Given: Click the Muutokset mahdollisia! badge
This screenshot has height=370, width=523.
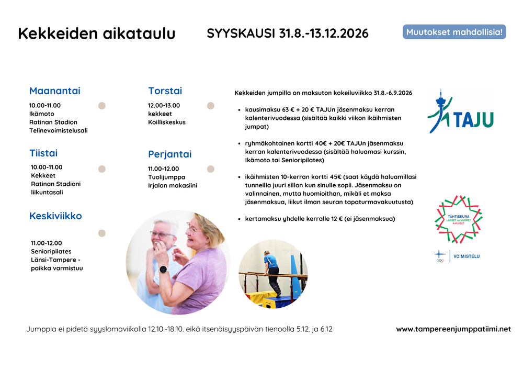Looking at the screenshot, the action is [x=454, y=32].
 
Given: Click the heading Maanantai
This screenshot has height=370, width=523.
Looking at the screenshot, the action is [x=55, y=91].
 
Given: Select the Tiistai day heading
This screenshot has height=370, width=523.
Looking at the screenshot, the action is [x=43, y=153].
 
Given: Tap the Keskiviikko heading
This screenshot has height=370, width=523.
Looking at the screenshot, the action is [x=55, y=216].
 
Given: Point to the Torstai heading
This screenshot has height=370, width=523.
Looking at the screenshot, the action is [x=165, y=91].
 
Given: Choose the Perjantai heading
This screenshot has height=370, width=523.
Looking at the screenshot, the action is [x=170, y=154].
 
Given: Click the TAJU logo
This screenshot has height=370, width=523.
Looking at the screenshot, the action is [x=460, y=111].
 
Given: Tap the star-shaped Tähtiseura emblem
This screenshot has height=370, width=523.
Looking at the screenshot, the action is [x=459, y=219].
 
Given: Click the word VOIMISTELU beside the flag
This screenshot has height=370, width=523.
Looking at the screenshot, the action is [x=467, y=256].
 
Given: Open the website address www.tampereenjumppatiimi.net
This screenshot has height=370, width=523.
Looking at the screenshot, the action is [x=453, y=329].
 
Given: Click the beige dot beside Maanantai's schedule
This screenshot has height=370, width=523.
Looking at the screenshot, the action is [x=102, y=106].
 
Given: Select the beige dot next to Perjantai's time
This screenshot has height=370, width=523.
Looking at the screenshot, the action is [x=210, y=169].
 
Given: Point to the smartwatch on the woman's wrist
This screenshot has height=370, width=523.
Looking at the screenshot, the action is [x=163, y=270].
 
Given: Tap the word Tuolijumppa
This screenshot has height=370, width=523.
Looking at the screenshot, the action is [x=166, y=177].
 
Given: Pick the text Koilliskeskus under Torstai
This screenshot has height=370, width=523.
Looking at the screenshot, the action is [x=167, y=122].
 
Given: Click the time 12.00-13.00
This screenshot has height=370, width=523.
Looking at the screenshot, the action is [x=164, y=105].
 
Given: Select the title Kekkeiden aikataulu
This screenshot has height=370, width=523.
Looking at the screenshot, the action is [x=97, y=33].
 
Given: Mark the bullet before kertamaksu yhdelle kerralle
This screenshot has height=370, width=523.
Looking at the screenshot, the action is [x=239, y=219].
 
